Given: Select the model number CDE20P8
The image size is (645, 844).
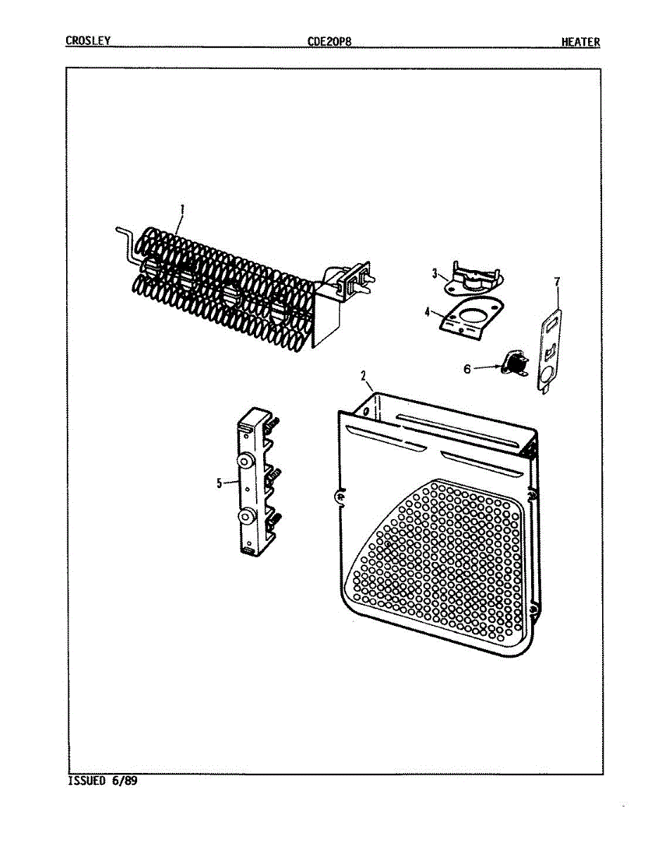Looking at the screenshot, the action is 329,41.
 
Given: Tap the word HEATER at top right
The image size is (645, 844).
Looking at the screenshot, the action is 580,41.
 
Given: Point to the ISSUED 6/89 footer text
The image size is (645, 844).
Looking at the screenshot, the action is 102,781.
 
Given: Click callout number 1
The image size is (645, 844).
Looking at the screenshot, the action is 182,209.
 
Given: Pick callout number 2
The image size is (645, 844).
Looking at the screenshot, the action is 364,376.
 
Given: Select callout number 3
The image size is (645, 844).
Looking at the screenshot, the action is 435,273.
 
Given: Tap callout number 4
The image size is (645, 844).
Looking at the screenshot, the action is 427,311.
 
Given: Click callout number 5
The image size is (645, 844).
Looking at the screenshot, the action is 219,483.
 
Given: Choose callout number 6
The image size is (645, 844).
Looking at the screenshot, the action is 467,368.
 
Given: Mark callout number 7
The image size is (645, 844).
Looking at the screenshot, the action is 557,282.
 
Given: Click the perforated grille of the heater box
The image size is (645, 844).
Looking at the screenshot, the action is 443,556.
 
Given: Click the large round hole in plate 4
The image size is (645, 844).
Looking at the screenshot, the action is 483,310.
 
